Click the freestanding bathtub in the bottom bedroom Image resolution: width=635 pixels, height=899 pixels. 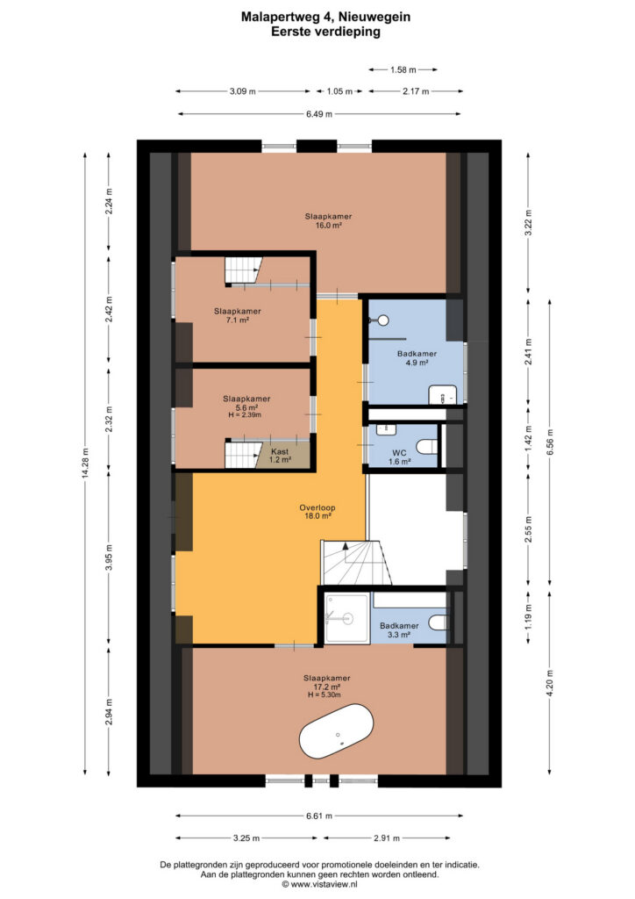pyautogui.click(x=336, y=738)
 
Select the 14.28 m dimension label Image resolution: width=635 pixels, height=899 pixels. pyautogui.click(x=85, y=464)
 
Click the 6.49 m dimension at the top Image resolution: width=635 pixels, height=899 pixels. pyautogui.click(x=319, y=114)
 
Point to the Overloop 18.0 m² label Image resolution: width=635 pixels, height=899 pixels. pyautogui.click(x=317, y=512)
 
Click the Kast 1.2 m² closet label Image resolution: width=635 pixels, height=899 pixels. pyautogui.click(x=280, y=456)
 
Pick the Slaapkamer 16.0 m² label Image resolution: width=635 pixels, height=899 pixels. pyautogui.click(x=328, y=220)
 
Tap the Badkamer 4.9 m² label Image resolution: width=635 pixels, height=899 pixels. pyautogui.click(x=417, y=358)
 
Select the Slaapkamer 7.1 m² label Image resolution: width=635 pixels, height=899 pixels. pyautogui.click(x=238, y=315)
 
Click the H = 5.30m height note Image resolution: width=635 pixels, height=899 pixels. pyautogui.click(x=325, y=695)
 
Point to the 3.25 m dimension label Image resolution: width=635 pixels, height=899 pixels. pyautogui.click(x=246, y=838)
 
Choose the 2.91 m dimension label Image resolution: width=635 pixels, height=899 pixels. pyautogui.click(x=387, y=838)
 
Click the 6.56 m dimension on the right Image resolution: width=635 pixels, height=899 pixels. pyautogui.click(x=550, y=442)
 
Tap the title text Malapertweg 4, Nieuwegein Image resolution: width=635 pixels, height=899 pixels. pyautogui.click(x=325, y=18)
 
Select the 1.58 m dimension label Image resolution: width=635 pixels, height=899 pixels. pyautogui.click(x=403, y=70)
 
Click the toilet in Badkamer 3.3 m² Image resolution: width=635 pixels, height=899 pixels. pyautogui.click(x=438, y=622)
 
